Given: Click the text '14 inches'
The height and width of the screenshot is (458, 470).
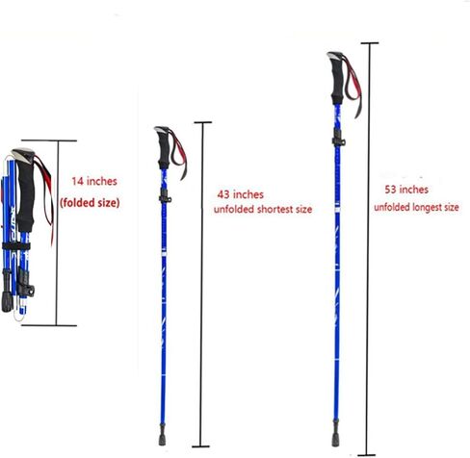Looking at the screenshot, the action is click(94, 181).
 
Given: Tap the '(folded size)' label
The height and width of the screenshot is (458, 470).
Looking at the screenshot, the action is click(90, 203).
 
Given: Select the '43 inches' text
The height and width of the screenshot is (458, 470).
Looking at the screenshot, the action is click(241, 194).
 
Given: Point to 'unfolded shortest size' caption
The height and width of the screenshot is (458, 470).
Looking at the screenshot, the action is click(263, 210).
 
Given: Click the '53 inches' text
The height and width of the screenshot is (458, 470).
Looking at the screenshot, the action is click(406, 190).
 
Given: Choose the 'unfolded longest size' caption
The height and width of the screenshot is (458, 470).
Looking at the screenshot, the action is click(416, 207).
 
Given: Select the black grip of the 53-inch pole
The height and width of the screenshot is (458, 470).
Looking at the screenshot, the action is click(337, 80).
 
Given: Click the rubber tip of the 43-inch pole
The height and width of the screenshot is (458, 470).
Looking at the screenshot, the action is click(162, 435).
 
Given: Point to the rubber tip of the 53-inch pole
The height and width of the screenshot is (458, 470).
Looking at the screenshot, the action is click(335, 434).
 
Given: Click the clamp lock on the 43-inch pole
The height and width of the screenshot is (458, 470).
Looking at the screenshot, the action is click(165, 196).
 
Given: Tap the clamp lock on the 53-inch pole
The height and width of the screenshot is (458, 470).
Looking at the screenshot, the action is click(338, 139).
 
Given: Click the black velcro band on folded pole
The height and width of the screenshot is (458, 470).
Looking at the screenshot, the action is click(16, 246).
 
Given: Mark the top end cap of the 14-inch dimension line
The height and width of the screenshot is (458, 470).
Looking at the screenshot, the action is click(49, 140).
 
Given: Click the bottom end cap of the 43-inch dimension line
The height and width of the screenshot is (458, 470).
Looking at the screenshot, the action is click(200, 446).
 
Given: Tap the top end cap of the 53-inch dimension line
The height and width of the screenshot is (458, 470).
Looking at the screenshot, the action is click(370, 42).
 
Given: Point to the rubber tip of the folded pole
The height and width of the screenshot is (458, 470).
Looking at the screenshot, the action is click(7, 301).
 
